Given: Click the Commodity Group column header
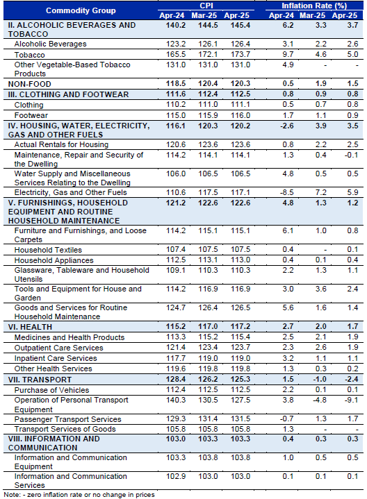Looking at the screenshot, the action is click(x=81, y=10).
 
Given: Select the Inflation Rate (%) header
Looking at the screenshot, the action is click(x=314, y=6).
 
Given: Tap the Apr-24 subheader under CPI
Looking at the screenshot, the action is click(x=172, y=15).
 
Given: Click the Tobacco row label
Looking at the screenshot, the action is click(x=29, y=55).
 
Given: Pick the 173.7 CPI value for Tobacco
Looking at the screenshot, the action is click(x=240, y=54).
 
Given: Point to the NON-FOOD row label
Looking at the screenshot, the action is click(x=30, y=84).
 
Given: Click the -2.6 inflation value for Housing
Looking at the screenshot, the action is click(x=286, y=126).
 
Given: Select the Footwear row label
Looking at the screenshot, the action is click(x=31, y=115).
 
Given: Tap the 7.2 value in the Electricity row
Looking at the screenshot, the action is click(x=320, y=192).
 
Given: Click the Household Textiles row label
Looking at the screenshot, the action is click(x=48, y=250).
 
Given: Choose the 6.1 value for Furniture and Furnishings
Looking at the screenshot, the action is click(x=288, y=230).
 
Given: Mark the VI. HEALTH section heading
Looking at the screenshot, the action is click(x=30, y=327).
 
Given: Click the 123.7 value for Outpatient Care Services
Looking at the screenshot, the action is click(x=240, y=347).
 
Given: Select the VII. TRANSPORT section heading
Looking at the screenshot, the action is click(x=40, y=380).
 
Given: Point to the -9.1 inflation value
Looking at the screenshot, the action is click(x=352, y=400).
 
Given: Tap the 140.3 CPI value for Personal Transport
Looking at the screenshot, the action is click(x=176, y=400).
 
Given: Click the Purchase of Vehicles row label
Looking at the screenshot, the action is click(x=51, y=390).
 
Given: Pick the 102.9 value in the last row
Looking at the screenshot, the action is click(x=176, y=476).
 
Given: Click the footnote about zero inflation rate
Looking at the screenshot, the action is click(x=79, y=495).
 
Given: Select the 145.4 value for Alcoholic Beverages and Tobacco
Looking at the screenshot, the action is click(x=240, y=25).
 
